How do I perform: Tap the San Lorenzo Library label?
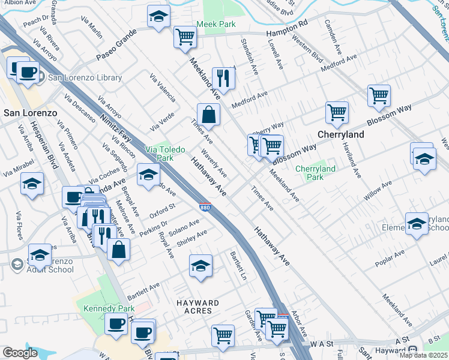click(x=85, y=77)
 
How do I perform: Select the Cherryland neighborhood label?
click(x=340, y=134)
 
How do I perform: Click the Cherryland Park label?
click(x=315, y=173)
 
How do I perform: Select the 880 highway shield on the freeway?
click(x=205, y=207)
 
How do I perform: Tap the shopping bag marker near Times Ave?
click(x=208, y=115)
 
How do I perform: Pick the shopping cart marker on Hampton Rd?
click(x=185, y=37)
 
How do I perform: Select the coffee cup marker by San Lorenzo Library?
click(x=26, y=73)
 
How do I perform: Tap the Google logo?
click(x=20, y=353)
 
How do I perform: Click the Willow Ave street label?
click(x=378, y=190)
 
